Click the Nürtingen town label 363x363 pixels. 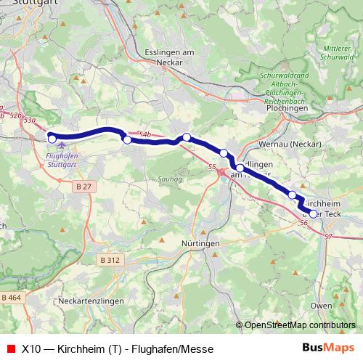pyautogui.click(x=200, y=244)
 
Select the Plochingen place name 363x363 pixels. pyautogui.click(x=287, y=108)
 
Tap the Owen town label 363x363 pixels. pyautogui.click(x=321, y=306)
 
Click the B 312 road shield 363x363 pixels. pyautogui.click(x=111, y=259)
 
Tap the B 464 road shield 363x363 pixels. pyautogui.click(x=12, y=298)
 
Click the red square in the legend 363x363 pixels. pyautogui.click(x=10, y=347)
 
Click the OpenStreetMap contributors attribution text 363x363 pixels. pyautogui.click(x=299, y=325)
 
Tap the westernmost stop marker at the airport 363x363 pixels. pyautogui.click(x=52, y=138)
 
